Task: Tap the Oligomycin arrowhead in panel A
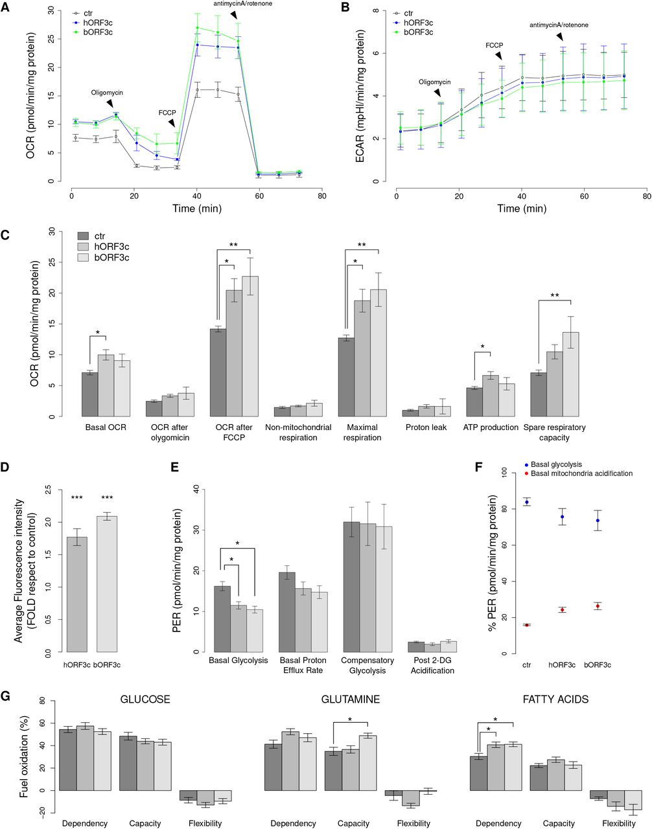point(111,104)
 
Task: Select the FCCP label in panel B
point(495,46)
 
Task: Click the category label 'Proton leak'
point(426,427)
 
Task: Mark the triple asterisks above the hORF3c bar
point(76,497)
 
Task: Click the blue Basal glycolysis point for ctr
point(527,502)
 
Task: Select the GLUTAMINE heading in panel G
point(351,699)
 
